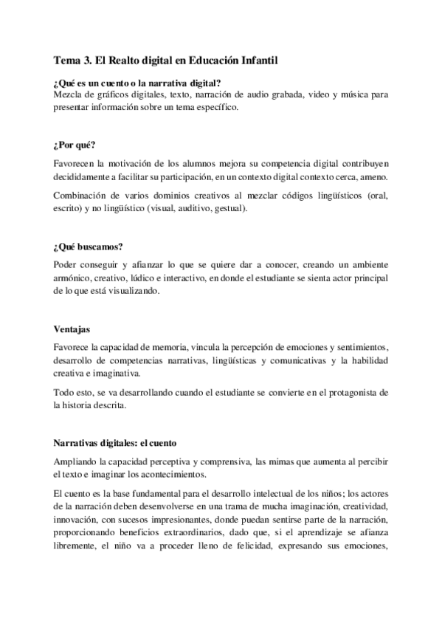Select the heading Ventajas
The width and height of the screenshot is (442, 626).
coord(72,329)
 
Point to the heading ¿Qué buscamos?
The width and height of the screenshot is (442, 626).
coord(87,247)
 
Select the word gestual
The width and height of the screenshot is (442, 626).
coord(229,208)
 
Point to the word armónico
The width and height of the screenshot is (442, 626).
coord(75,278)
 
